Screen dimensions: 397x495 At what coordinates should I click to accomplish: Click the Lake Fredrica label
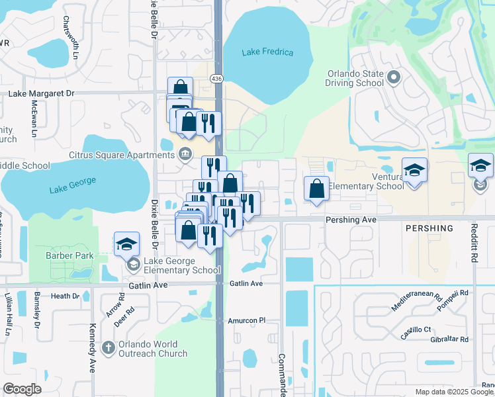(267, 52)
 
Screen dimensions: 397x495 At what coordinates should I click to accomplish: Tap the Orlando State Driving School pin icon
(394, 78)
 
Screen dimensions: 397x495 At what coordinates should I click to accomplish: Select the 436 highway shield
(216, 79)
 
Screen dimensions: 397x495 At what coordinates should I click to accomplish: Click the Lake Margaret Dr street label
(41, 94)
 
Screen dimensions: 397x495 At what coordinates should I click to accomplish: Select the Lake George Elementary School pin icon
(133, 265)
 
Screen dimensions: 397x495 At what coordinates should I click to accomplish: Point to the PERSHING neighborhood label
(429, 228)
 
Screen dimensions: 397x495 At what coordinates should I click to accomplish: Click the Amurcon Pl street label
(246, 320)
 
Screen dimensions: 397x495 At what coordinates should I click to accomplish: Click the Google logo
(22, 389)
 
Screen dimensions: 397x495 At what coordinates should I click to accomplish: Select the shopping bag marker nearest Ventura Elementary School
(317, 189)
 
